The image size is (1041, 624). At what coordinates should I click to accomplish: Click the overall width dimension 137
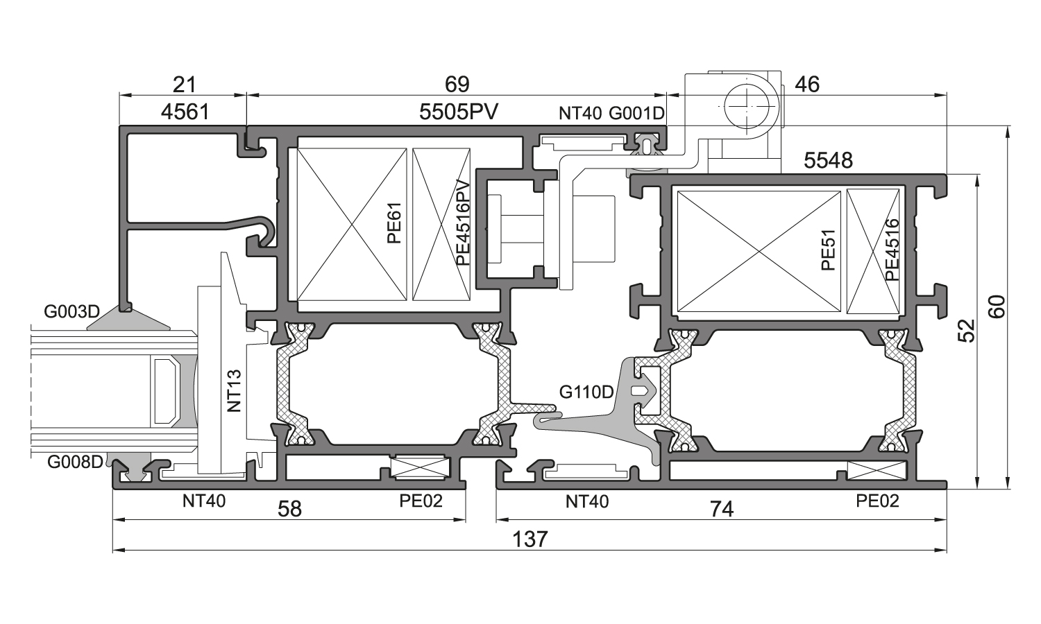(530, 539)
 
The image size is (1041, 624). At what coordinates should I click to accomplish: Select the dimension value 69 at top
(457, 85)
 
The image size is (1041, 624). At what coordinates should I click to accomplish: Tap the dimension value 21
(184, 85)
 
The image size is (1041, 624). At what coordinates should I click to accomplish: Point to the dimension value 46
(807, 85)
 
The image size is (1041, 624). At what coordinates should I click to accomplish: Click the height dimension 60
(997, 306)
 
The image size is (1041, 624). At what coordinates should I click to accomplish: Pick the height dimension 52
(967, 331)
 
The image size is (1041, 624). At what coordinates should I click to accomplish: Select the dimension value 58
(289, 510)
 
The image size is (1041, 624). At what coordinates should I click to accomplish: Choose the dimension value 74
(722, 510)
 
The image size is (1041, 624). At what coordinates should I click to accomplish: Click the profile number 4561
(184, 111)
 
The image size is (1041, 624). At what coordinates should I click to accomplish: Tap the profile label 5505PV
(459, 111)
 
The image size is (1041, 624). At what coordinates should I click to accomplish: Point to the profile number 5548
(828, 161)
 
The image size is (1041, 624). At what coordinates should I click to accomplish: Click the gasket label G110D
(586, 392)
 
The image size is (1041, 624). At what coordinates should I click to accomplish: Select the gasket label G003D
(72, 311)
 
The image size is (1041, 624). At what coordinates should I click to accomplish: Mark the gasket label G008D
(75, 461)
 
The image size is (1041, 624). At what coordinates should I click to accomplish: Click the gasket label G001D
(636, 112)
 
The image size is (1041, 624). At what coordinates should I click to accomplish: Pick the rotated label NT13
(235, 391)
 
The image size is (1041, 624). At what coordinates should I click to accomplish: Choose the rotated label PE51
(828, 250)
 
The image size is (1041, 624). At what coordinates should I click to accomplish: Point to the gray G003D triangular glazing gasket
(128, 320)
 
